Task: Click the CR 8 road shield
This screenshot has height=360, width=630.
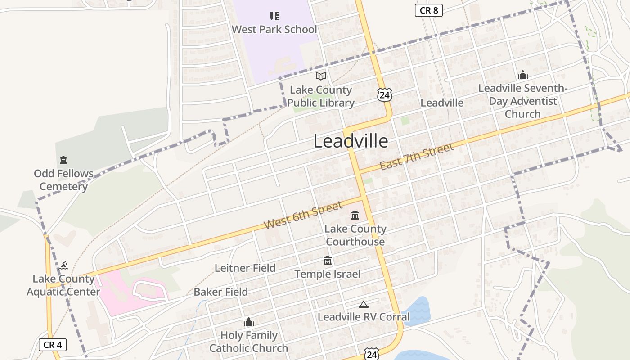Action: click(x=428, y=10)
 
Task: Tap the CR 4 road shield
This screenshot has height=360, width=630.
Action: click(x=53, y=345)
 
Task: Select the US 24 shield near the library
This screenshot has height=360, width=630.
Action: click(x=384, y=94)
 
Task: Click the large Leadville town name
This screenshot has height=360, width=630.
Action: click(x=351, y=141)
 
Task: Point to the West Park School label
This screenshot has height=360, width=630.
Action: click(x=274, y=30)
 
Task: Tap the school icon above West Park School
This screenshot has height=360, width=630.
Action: click(x=274, y=17)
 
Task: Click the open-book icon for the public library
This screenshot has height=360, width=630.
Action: click(x=320, y=76)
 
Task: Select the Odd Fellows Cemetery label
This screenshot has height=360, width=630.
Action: click(x=63, y=180)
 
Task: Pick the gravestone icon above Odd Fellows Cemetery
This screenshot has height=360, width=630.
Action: click(x=63, y=160)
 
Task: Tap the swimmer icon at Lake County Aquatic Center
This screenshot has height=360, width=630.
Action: click(x=63, y=265)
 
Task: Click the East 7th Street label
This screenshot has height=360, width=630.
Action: click(x=416, y=157)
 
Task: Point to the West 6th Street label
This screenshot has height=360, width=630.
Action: click(x=303, y=216)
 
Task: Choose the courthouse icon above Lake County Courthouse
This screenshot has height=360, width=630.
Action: click(x=355, y=215)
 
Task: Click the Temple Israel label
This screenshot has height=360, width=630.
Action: click(x=327, y=274)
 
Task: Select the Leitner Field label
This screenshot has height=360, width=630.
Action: click(x=245, y=268)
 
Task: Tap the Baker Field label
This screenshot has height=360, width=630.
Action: click(x=220, y=292)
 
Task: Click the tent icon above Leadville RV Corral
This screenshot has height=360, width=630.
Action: click(x=363, y=304)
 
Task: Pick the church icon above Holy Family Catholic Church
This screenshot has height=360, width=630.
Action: click(x=248, y=322)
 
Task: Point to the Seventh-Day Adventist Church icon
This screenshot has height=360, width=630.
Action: click(x=522, y=75)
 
